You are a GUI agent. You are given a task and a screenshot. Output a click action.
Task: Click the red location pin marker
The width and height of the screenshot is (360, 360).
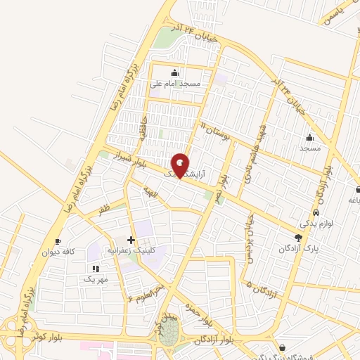click(181, 165)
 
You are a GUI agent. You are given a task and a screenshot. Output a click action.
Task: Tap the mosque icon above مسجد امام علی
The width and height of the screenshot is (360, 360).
click(174, 72)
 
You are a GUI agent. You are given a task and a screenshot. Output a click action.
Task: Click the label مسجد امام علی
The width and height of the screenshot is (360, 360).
click(175, 83)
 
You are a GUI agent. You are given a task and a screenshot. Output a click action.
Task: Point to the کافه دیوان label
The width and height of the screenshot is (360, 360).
click(58, 252)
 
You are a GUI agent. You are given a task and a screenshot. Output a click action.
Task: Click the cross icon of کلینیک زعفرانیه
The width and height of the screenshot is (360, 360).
click(131, 240)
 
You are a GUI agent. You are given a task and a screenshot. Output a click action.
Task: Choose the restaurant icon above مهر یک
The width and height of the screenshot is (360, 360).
click(96, 269)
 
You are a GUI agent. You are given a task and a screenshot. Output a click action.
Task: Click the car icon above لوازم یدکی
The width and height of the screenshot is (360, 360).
click(316, 212)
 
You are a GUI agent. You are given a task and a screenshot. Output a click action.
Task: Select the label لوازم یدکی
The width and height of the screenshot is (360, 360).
click(314, 224)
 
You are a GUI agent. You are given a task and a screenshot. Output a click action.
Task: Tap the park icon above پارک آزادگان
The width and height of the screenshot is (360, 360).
click(298, 238)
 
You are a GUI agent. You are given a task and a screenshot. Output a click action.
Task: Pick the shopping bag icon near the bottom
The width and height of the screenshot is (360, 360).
click(282, 347)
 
